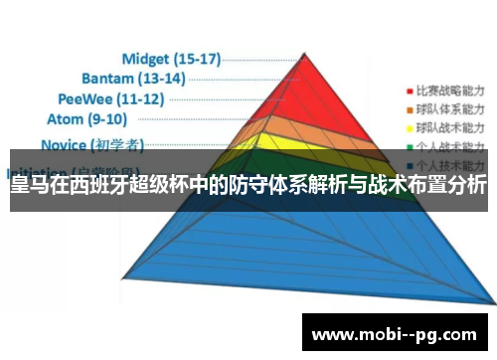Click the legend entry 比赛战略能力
(448, 88)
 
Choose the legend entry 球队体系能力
(448, 107)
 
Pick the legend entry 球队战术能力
(448, 128)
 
